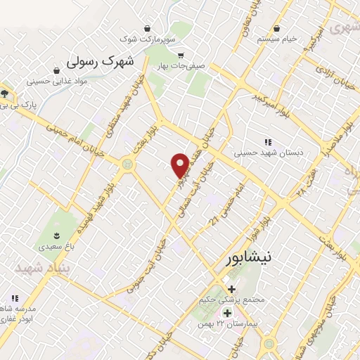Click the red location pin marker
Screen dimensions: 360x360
[180, 165]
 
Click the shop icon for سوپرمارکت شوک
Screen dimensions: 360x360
[147, 29]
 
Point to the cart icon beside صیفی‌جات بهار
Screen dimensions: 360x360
[181, 56]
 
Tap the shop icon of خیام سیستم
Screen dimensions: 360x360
[281, 29]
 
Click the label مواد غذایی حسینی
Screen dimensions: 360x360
[56, 81]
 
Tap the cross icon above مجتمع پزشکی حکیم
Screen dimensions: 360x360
[232, 289]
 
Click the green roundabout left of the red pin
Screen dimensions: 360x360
[127, 164]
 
